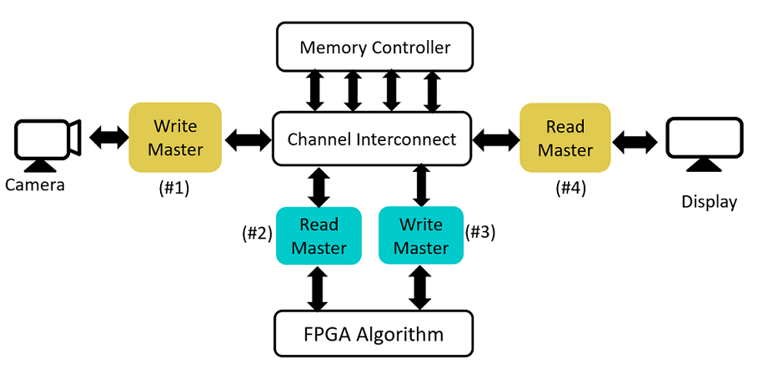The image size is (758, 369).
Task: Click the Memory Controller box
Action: [x=374, y=47]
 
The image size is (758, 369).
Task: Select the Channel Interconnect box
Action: [x=372, y=139]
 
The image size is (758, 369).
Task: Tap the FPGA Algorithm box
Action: [x=374, y=335]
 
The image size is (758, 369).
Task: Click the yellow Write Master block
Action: [x=175, y=138]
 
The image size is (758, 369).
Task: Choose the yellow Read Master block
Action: [x=565, y=138]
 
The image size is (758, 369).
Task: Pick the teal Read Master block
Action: [x=318, y=236]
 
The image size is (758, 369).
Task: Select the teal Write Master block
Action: [x=420, y=236]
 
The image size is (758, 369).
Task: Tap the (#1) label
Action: [x=174, y=189]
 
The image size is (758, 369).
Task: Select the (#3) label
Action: [x=480, y=232]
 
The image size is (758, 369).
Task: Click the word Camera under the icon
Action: [x=35, y=184]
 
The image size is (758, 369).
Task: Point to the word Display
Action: [x=709, y=202]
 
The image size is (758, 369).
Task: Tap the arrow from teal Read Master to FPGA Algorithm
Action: [x=317, y=288]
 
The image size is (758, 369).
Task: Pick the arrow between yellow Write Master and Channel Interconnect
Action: [x=248, y=139]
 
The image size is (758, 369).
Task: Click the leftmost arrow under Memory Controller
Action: [x=314, y=91]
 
